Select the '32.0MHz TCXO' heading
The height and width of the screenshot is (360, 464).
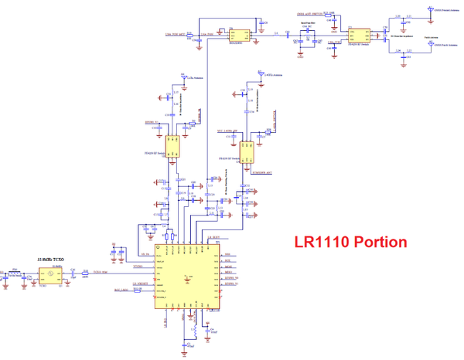point(52,262)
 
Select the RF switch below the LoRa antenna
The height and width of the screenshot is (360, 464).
point(172,144)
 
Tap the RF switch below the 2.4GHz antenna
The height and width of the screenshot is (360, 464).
point(247,150)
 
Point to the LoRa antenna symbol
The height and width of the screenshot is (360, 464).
point(183,76)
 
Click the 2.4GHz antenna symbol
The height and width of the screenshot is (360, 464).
point(254,74)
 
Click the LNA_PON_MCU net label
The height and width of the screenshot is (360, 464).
point(176,36)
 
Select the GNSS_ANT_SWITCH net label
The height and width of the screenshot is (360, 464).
point(309,14)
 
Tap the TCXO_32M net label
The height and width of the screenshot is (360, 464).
point(100,273)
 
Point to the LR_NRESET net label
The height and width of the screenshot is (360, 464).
point(141,284)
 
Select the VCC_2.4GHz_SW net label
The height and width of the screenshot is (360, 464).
point(230,131)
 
